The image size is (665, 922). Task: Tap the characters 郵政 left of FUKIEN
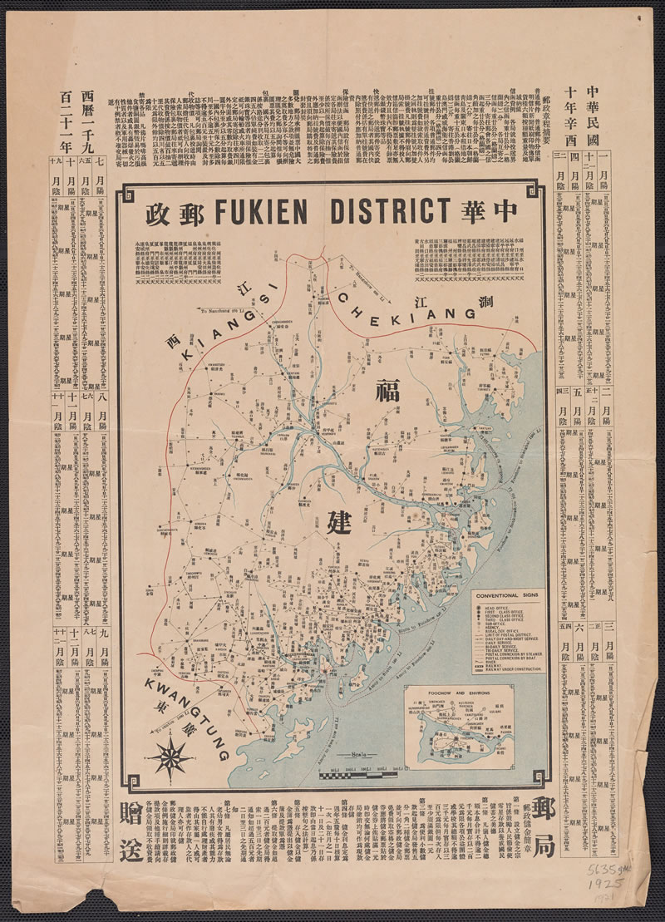click(170, 213)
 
